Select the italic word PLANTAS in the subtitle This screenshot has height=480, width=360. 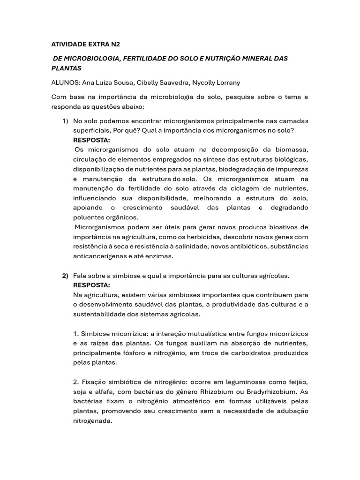(x=67, y=68)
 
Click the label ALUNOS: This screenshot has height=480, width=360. (x=66, y=82)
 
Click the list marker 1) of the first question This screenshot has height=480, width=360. (x=66, y=121)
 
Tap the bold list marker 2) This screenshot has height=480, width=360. (x=66, y=275)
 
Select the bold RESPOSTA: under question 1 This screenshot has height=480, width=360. (x=92, y=140)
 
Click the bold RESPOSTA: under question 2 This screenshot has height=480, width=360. (x=92, y=285)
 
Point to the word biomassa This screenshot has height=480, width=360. (x=291, y=150)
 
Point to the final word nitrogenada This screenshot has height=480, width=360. (x=93, y=420)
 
